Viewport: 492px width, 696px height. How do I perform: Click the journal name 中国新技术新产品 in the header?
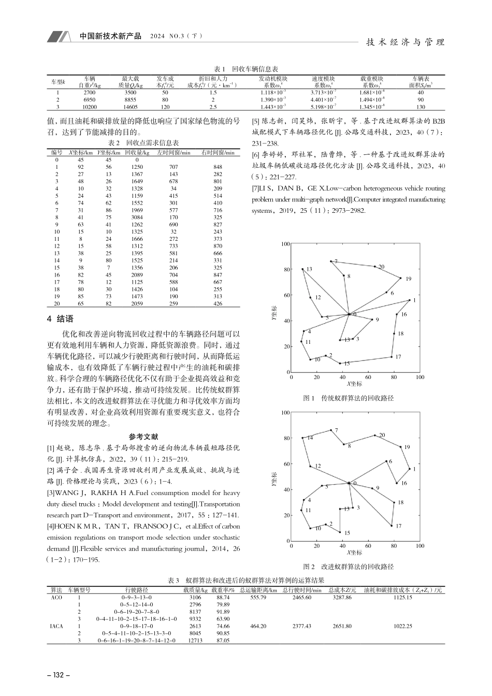click(110, 37)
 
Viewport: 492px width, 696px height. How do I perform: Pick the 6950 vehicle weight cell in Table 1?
click(90, 99)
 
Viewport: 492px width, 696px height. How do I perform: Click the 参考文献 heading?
click(143, 437)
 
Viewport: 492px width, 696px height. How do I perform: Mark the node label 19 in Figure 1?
click(408, 279)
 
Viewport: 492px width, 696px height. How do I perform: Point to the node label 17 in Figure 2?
click(398, 526)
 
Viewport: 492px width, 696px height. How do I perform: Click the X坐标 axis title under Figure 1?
click(354, 384)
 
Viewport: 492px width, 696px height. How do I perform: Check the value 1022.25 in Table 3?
click(402, 626)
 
